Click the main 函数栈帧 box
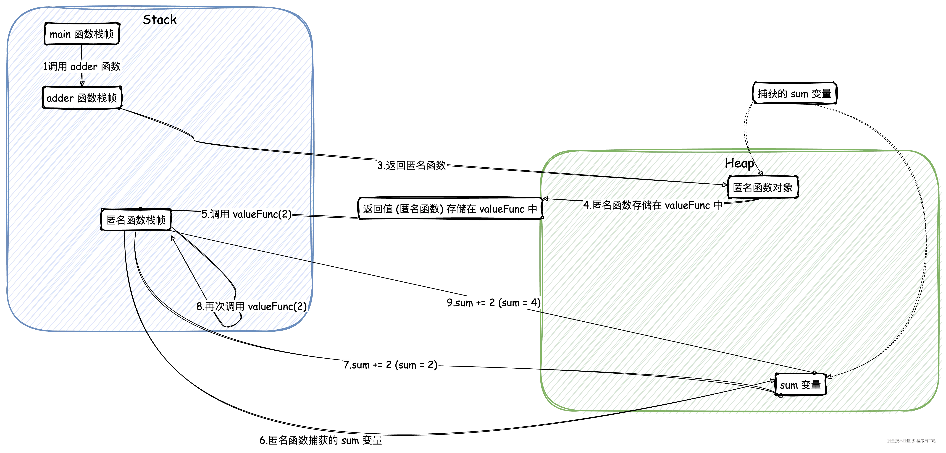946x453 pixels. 81,34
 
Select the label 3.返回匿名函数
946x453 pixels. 412,165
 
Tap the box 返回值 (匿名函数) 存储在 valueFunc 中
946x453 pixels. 450,209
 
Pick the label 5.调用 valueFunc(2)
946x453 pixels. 246,214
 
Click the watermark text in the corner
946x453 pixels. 911,440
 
